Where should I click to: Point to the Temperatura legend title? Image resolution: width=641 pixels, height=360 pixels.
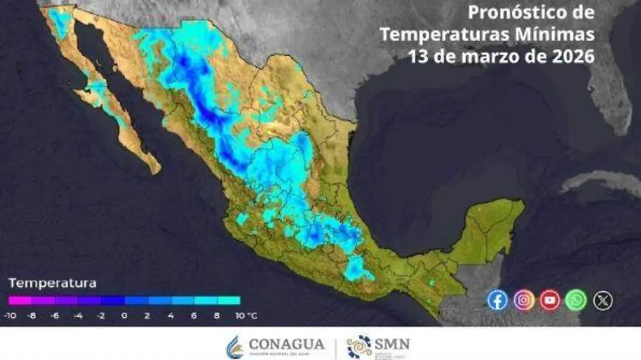(x=52, y=283)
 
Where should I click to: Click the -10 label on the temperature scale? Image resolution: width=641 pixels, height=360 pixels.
(x=9, y=316)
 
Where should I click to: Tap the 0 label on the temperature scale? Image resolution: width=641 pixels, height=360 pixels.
(x=124, y=316)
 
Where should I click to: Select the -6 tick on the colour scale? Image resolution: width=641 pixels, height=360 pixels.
(x=55, y=316)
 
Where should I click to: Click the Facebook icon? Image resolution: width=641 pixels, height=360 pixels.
(x=497, y=300)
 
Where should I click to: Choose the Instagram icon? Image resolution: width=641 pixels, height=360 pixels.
(x=524, y=300)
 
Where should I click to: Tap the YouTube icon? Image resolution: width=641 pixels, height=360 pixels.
(x=550, y=300)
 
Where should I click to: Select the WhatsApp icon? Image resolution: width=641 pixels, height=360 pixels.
(x=576, y=300)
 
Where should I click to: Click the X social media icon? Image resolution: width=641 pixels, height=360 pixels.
(x=603, y=300)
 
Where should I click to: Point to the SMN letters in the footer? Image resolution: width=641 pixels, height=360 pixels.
(x=393, y=343)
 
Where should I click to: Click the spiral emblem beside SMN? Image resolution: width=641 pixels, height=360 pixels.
(x=359, y=346)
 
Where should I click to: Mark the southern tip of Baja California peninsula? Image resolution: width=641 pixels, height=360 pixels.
(x=155, y=171)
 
